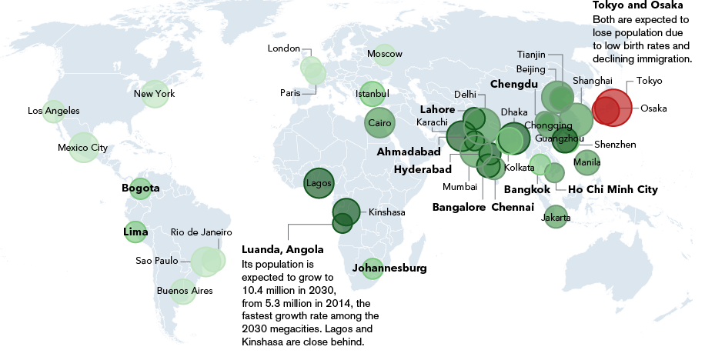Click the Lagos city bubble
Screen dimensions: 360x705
click(x=318, y=183)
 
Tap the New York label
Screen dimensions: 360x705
click(x=154, y=94)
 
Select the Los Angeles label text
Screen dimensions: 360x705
click(x=53, y=111)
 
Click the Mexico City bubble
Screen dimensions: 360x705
click(x=82, y=148)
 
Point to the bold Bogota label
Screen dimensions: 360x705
click(x=140, y=188)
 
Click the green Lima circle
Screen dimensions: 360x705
click(x=135, y=232)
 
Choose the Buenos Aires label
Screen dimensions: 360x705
click(x=184, y=291)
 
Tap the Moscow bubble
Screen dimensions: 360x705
click(x=384, y=54)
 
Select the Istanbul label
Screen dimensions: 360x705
click(x=373, y=94)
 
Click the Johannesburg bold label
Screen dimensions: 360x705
click(x=389, y=268)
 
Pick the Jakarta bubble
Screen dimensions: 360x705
click(x=556, y=218)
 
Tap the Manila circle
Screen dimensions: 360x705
click(x=587, y=162)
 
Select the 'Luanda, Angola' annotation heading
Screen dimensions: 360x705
click(x=282, y=250)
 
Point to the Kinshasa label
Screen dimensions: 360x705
click(x=386, y=212)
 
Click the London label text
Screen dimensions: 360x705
click(x=283, y=48)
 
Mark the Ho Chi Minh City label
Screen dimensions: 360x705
click(x=613, y=189)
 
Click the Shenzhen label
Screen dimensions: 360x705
click(x=615, y=145)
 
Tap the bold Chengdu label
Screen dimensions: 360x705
click(x=513, y=83)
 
